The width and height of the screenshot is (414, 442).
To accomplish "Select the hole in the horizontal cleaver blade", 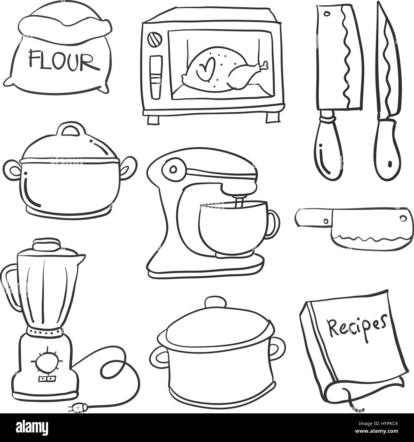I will pyautogui.click(x=403, y=218).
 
